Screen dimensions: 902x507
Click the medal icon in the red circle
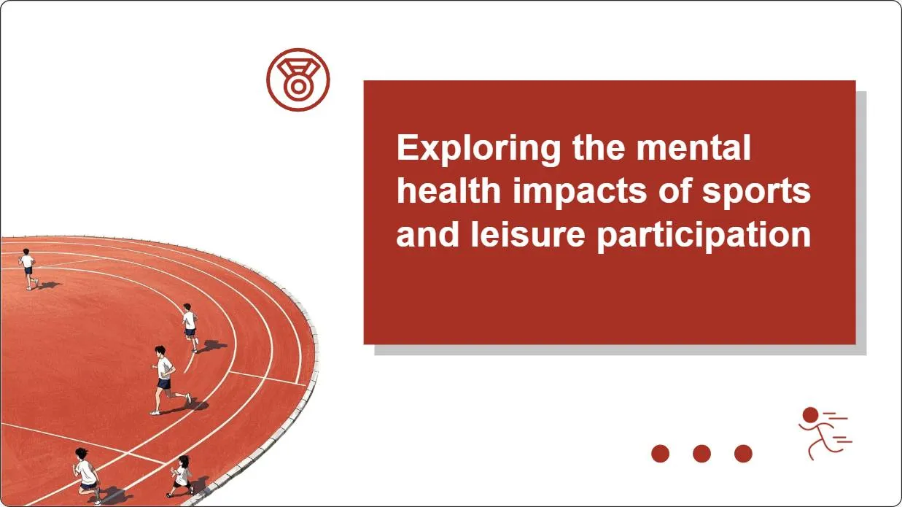298,80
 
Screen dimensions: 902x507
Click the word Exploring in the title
478,149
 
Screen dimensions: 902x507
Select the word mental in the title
693,147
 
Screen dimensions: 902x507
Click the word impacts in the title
580,192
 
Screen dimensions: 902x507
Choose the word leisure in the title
527,234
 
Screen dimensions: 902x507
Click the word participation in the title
704,236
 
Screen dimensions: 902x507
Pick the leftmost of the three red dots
661,454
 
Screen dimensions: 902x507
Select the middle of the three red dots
702,454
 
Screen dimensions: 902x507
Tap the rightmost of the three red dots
743,454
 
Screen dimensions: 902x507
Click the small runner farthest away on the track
28,268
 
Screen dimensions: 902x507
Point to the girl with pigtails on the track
182,476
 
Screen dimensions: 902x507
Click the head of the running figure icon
811,415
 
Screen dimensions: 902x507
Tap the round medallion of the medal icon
298,87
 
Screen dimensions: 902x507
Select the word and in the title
427,234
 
